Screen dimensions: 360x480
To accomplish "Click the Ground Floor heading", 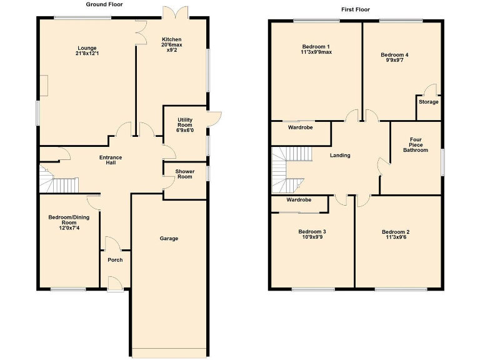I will click(x=104, y=4).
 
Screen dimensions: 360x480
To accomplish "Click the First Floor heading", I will click(x=355, y=9).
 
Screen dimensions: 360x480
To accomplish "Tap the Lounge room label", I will click(x=87, y=48).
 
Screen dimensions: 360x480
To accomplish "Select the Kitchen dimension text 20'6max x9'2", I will click(x=171, y=47).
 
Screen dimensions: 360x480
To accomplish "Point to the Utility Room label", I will click(x=185, y=124).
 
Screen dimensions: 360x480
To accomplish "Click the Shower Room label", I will click(x=184, y=174).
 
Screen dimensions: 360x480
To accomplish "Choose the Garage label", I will click(x=169, y=239).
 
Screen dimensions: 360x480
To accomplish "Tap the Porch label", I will click(x=115, y=260).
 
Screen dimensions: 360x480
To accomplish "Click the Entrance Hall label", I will click(x=111, y=160).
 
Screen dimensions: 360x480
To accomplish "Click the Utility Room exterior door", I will click(x=215, y=119).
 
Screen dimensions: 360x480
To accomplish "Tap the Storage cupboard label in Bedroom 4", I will click(x=428, y=102).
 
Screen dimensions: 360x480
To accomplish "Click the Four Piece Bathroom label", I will click(x=415, y=145).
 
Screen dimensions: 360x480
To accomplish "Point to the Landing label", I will click(x=340, y=156).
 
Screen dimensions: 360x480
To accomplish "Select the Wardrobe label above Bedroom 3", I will click(x=299, y=200).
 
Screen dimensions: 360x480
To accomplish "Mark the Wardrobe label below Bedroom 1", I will click(x=300, y=127).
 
